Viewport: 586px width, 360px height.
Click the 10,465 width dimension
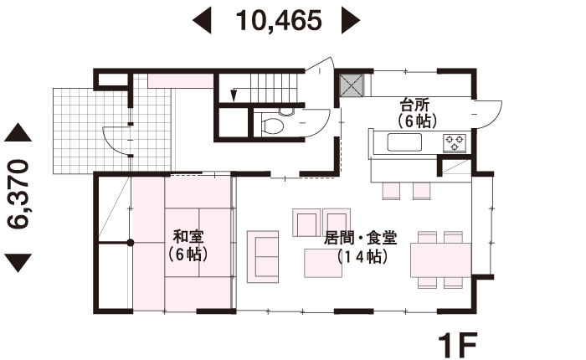tap(279, 21)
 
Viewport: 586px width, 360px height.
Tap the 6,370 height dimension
tap(18, 194)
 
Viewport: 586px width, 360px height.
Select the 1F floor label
tap(458, 345)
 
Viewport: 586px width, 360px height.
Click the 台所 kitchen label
tap(415, 105)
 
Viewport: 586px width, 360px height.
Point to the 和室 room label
tap(188, 237)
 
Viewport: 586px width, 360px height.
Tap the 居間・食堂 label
tap(360, 238)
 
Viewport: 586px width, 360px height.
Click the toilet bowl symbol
tap(272, 126)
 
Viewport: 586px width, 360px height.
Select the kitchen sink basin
tap(404, 142)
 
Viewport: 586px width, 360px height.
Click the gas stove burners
tap(455, 143)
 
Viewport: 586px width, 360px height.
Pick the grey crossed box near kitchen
tap(352, 85)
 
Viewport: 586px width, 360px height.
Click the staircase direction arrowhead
tap(234, 95)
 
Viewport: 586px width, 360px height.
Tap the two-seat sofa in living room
tap(263, 256)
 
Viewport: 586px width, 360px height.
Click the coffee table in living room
tap(323, 263)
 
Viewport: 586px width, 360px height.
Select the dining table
tap(440, 260)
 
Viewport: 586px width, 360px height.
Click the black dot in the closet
tap(130, 243)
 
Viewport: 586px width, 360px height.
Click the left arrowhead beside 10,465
tap(202, 20)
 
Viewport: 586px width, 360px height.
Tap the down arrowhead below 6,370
tap(18, 263)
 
